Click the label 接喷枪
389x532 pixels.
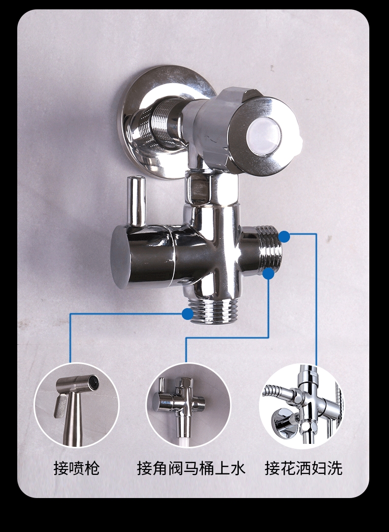[76, 468]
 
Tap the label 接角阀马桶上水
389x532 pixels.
[191, 468]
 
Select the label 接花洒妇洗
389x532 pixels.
[303, 468]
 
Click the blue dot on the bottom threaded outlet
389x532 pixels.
[188, 314]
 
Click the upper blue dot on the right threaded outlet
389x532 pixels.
[284, 236]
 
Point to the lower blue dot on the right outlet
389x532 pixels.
[268, 274]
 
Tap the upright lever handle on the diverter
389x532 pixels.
[136, 201]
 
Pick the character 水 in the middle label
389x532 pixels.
[238, 468]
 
